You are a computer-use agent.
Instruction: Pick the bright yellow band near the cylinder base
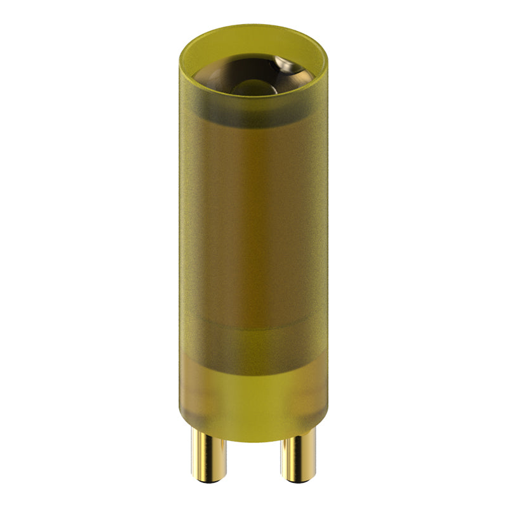click(x=253, y=399)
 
